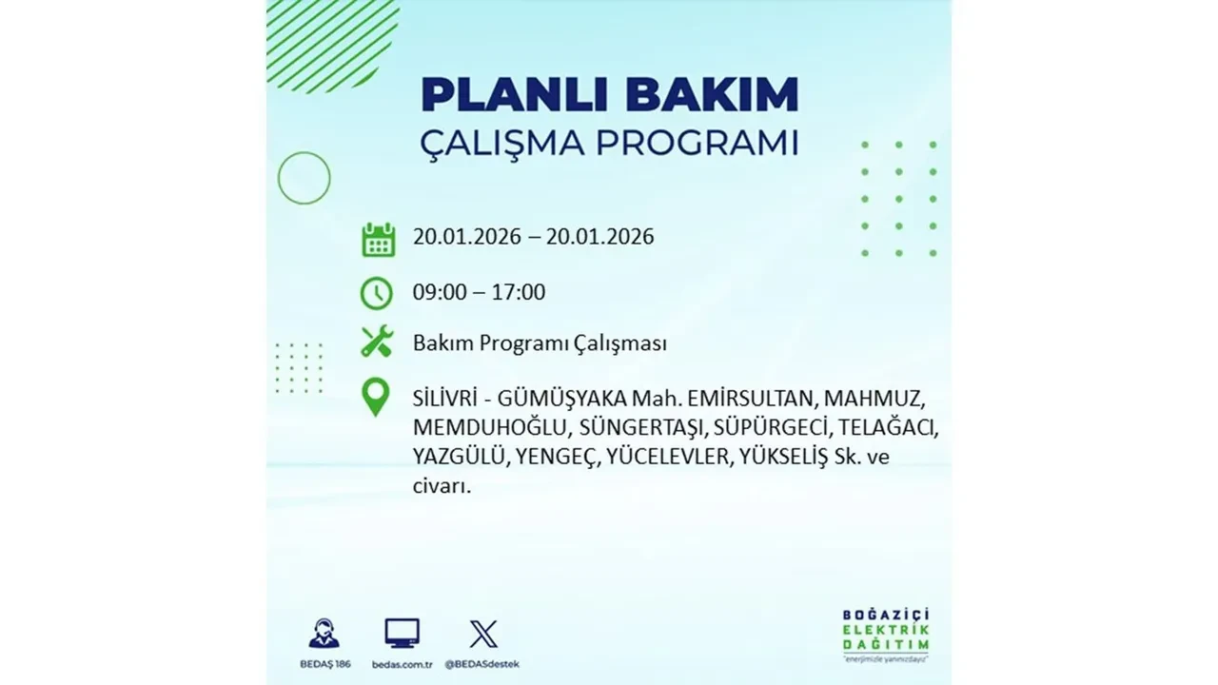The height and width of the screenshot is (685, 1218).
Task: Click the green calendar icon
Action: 378,239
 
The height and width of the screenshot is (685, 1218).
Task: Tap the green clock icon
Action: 377,293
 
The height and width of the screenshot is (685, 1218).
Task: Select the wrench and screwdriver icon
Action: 377,342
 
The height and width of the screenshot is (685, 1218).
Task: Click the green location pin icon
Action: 377,397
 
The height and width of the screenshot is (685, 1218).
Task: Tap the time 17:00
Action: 520,292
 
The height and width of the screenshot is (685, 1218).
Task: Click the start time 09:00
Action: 440,292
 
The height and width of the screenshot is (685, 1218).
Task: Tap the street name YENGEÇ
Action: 559,457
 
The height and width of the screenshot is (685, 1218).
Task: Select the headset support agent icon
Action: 324,634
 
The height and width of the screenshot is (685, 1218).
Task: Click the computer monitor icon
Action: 402,634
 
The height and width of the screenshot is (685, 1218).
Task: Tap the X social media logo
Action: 483,634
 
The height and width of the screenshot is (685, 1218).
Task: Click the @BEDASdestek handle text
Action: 483,663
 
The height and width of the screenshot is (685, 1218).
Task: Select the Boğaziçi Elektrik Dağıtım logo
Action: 885,632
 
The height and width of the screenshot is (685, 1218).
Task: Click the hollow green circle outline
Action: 304,178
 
